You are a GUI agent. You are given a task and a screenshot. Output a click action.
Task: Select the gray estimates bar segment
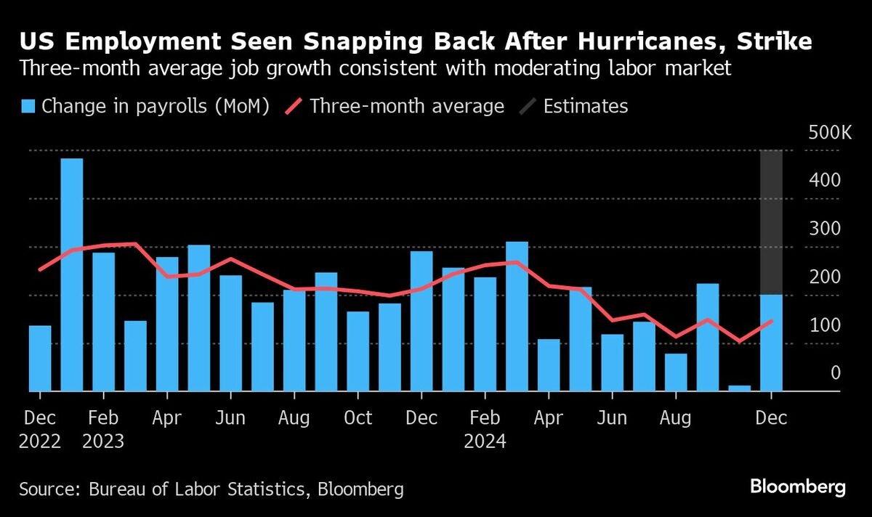[771, 221]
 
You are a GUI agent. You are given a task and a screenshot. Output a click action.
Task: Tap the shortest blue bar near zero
[739, 388]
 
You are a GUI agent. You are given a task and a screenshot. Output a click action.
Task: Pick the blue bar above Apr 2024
[549, 365]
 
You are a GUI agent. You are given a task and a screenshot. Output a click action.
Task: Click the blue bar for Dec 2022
[40, 358]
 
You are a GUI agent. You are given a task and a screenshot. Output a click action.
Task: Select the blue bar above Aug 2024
[676, 372]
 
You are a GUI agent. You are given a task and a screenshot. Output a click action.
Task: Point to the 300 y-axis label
[825, 229]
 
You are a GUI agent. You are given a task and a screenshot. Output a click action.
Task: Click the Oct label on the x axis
[358, 419]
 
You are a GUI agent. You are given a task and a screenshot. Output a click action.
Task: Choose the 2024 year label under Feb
[485, 441]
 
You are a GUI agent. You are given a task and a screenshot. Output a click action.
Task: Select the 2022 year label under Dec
[40, 441]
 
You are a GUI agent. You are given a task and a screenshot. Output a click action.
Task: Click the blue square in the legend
[28, 107]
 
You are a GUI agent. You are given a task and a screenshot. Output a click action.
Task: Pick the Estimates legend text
[585, 107]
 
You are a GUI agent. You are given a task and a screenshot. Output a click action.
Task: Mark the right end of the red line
[771, 321]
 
